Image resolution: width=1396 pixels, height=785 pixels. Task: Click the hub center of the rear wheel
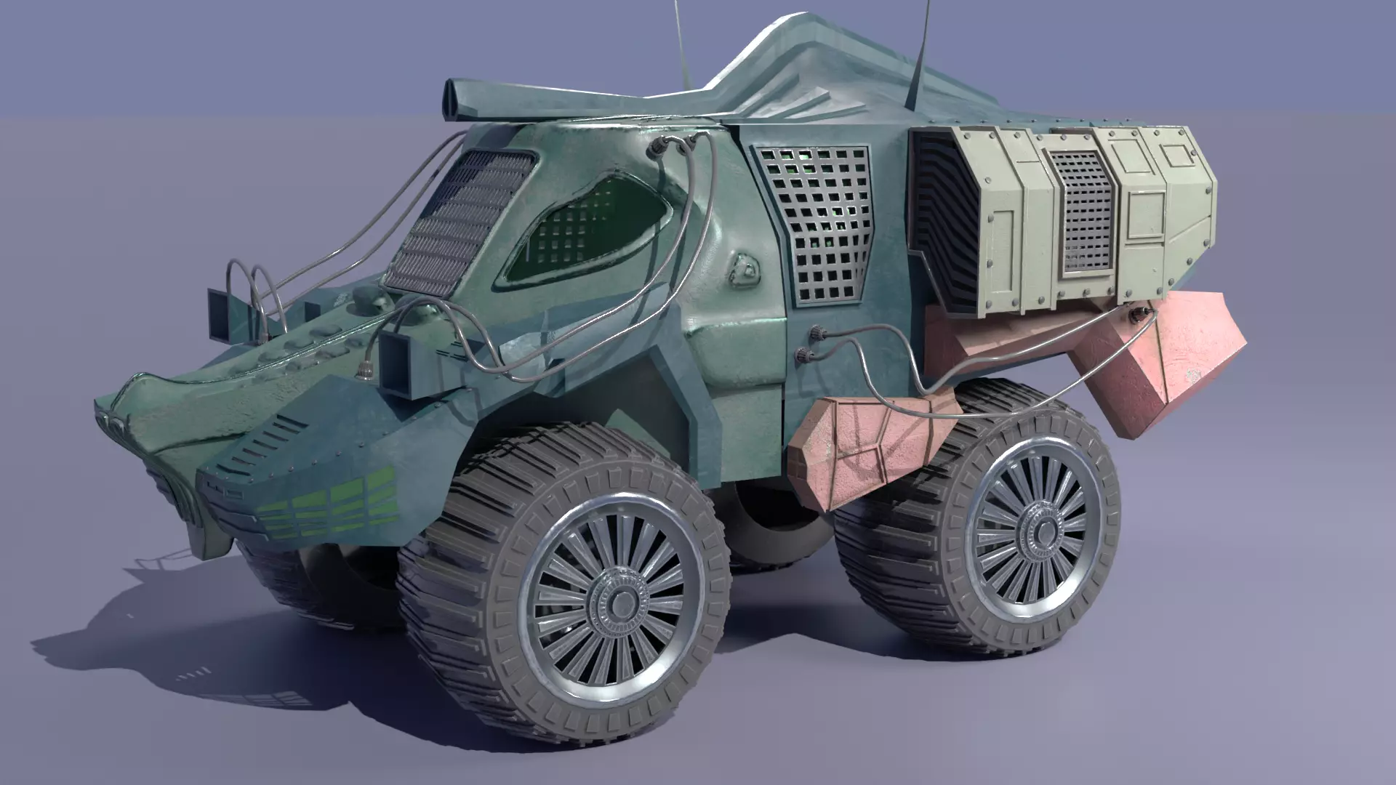(x=1041, y=531)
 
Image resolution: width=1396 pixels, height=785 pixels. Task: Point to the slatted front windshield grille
(x=458, y=218)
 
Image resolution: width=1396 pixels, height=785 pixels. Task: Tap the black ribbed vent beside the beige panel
(x=942, y=218)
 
